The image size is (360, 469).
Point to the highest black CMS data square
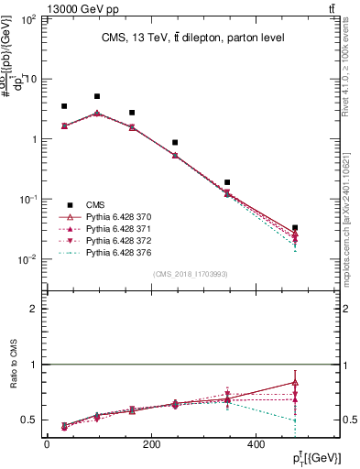tap(97, 96)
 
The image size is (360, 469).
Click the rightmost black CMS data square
tap(295, 227)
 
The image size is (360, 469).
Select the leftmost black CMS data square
tap(64, 106)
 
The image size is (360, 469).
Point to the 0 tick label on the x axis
tap(46, 444)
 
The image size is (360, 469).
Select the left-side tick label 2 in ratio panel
tap(34, 309)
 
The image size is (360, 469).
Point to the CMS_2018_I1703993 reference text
tap(190, 274)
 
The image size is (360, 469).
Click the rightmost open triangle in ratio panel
tap(295, 382)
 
